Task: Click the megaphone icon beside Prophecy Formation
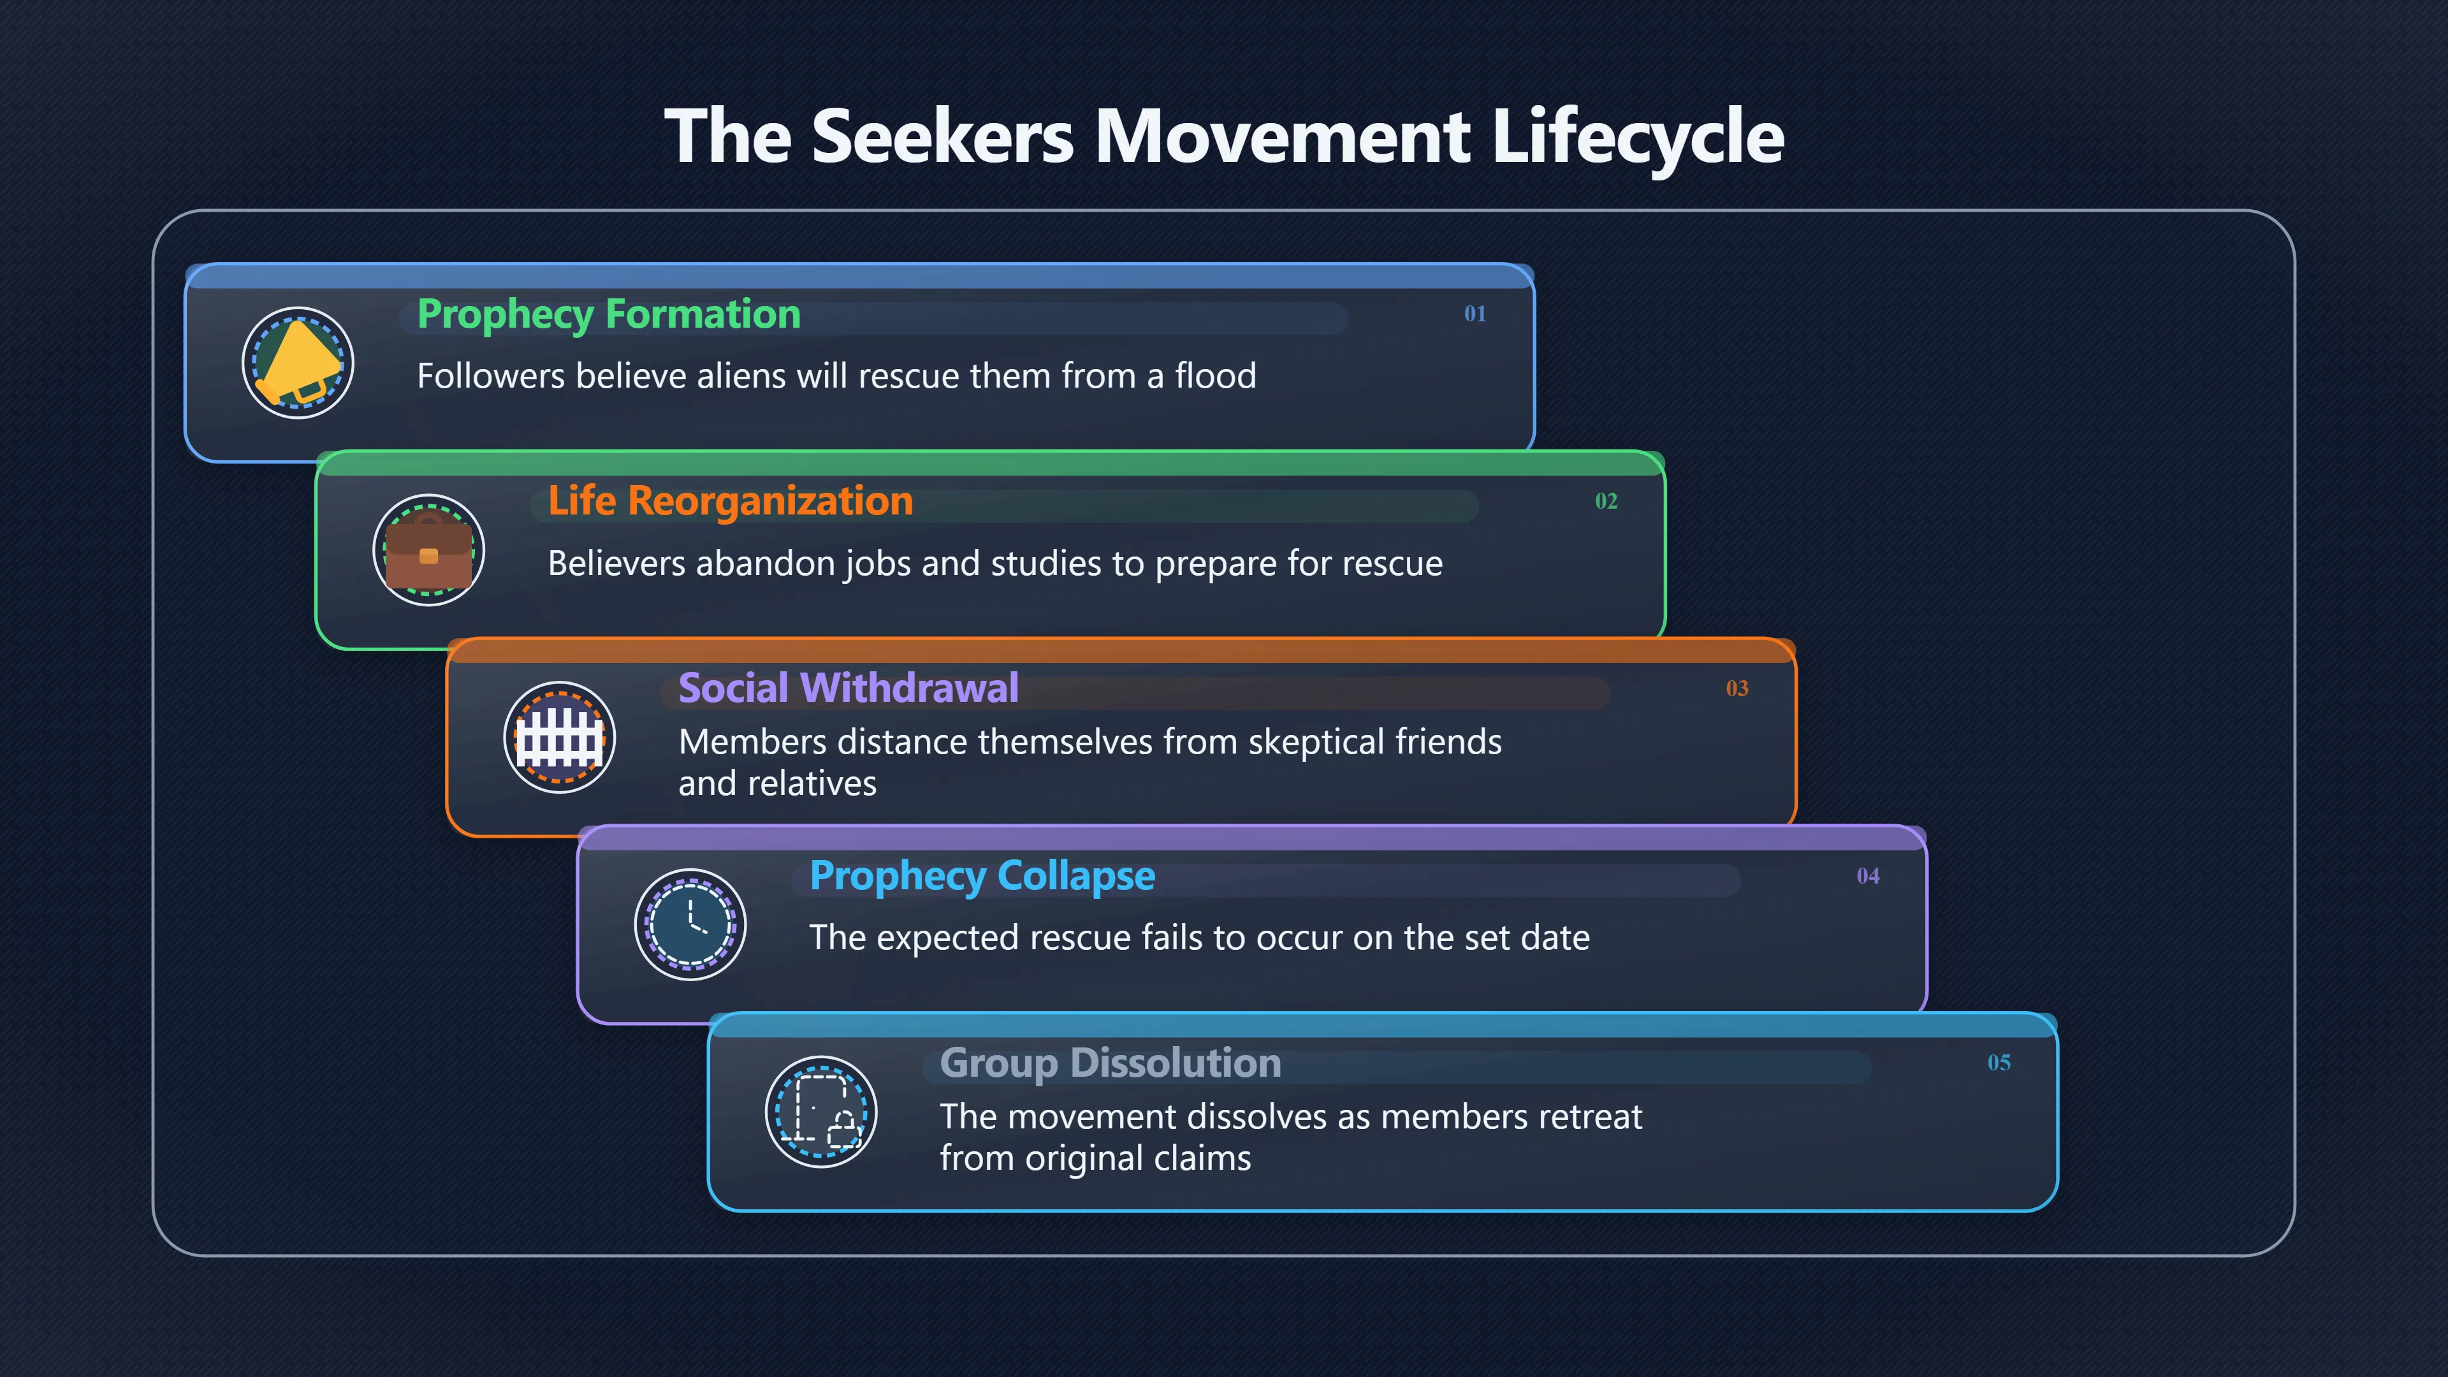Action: pyautogui.click(x=298, y=362)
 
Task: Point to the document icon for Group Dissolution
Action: pyautogui.click(x=821, y=1111)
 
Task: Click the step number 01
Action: pyautogui.click(x=1475, y=314)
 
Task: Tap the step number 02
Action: pyautogui.click(x=1606, y=501)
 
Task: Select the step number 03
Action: pyautogui.click(x=1737, y=688)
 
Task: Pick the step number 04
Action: pyautogui.click(x=1869, y=875)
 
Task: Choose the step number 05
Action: pyautogui.click(x=1999, y=1063)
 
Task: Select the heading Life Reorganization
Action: pyautogui.click(x=731, y=502)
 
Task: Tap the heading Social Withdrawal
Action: pyautogui.click(x=849, y=688)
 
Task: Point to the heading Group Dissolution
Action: pyautogui.click(x=1111, y=1063)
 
